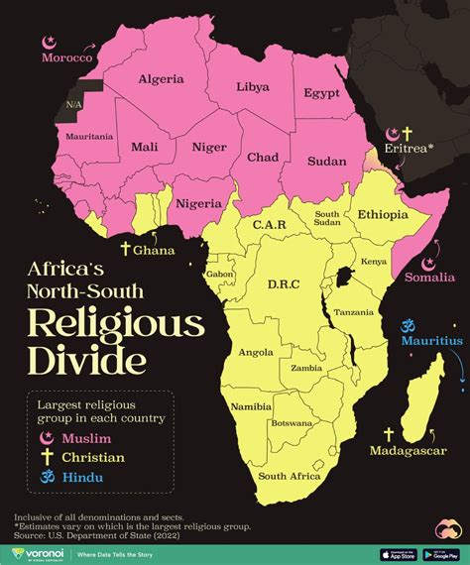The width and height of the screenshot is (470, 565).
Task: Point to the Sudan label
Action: click(x=327, y=161)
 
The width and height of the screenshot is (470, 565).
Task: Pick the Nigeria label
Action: click(x=197, y=204)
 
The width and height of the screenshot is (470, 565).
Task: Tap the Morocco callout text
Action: click(x=66, y=59)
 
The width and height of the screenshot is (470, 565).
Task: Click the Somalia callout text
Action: click(x=429, y=279)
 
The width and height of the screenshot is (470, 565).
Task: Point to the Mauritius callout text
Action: click(x=431, y=341)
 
